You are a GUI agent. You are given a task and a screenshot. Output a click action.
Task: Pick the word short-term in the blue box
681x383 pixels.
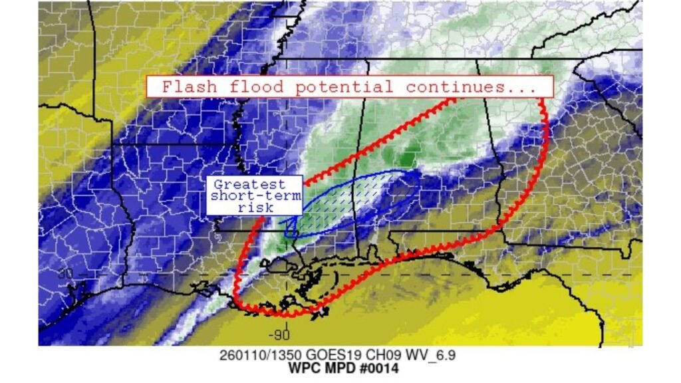(254, 196)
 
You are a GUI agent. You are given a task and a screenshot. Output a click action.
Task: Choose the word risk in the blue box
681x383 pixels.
(254, 207)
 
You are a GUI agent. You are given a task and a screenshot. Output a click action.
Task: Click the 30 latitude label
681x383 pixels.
(65, 274)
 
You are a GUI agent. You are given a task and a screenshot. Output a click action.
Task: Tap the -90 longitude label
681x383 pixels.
(279, 334)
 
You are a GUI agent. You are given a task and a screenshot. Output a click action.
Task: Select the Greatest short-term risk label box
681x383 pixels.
(254, 195)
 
